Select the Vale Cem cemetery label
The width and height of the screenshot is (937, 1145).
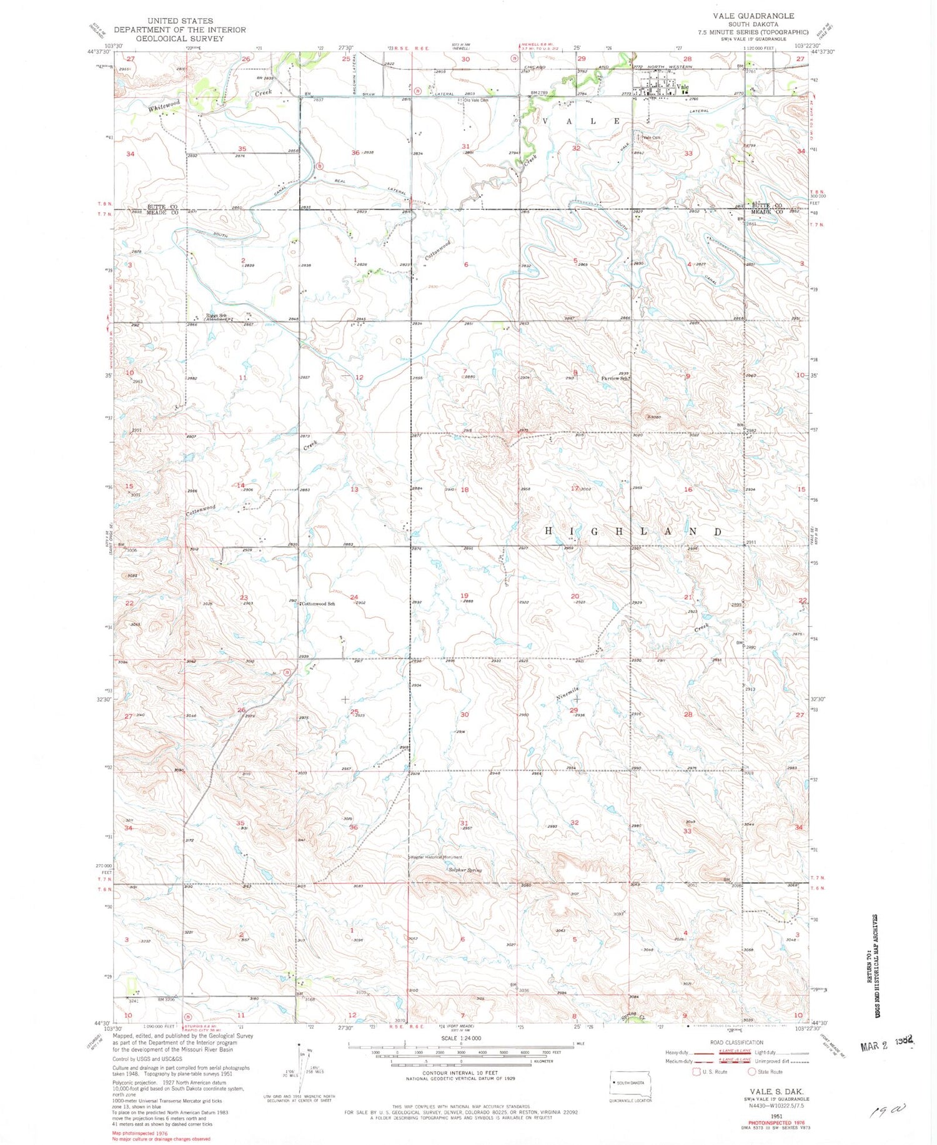[x=652, y=137]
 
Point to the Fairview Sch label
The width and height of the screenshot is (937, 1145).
[x=614, y=378]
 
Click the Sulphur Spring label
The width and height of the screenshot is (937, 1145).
[x=466, y=870]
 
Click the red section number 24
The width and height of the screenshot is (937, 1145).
[x=354, y=597]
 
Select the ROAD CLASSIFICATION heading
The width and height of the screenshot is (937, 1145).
[x=736, y=1042]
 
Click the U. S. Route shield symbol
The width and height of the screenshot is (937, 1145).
[x=697, y=1071]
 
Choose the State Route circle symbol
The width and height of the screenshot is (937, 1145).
[x=752, y=1071]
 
